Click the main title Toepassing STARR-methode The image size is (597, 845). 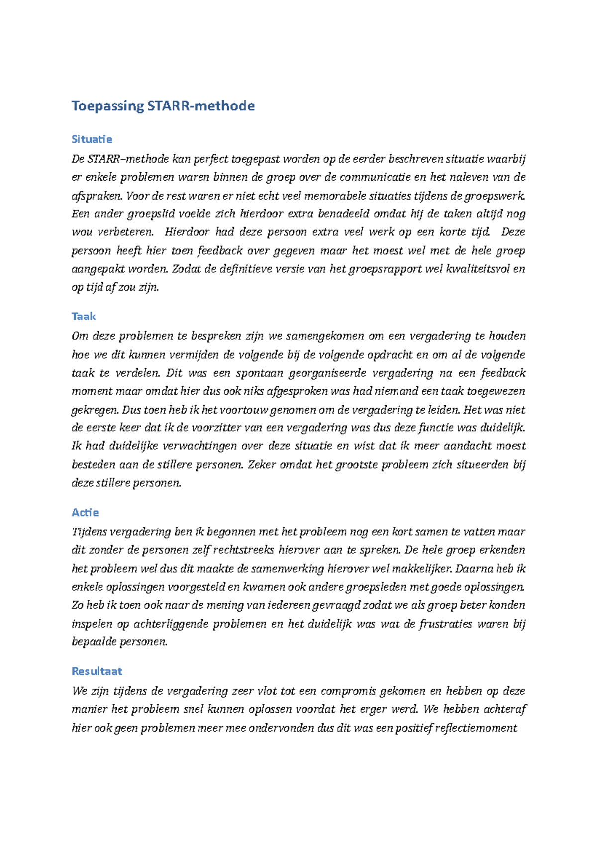click(x=163, y=106)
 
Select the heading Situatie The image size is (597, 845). click(x=92, y=139)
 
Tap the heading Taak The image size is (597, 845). click(x=83, y=317)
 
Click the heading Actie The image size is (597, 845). click(x=85, y=512)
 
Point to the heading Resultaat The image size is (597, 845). click(x=97, y=671)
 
